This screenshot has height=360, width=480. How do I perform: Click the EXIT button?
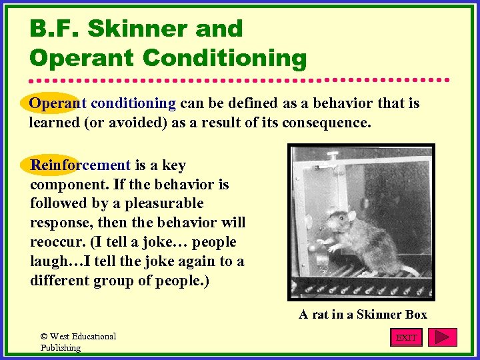coord(406,337)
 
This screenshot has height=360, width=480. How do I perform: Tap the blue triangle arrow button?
coord(442,337)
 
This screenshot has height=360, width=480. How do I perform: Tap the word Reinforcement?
coord(81,165)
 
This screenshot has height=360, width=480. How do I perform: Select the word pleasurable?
coord(167,203)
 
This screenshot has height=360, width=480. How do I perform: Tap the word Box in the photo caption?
coord(415,314)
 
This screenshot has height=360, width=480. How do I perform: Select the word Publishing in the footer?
coord(61,347)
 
